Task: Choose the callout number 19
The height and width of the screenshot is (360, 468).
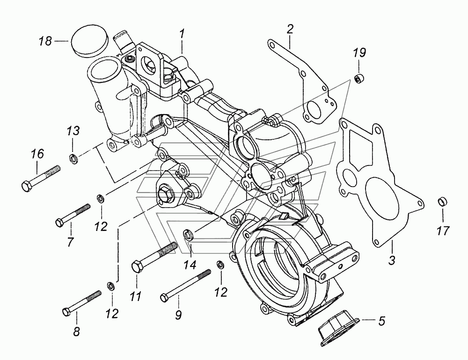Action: pyautogui.click(x=359, y=52)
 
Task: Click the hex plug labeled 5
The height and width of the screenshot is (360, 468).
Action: pyautogui.click(x=336, y=329)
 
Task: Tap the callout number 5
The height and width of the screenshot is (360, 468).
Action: pyautogui.click(x=382, y=321)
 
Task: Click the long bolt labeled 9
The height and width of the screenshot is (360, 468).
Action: pyautogui.click(x=184, y=286)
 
